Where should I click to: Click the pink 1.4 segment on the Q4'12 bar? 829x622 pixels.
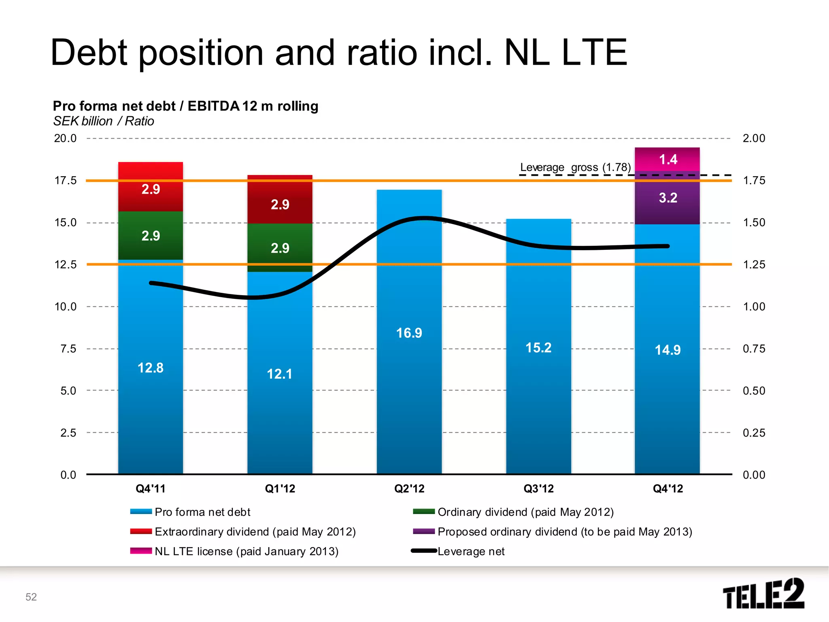coord(667,159)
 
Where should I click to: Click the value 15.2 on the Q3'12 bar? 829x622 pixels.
coord(538,348)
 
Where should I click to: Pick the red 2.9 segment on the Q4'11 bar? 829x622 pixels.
coord(151,188)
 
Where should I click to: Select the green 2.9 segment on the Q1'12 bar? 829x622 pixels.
coord(280,247)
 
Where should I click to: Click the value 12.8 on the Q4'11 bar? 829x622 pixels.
coord(151,368)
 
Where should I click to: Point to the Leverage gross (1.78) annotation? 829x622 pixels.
coord(575,167)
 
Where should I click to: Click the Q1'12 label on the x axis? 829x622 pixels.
coord(280,489)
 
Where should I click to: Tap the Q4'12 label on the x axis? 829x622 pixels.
coord(667,489)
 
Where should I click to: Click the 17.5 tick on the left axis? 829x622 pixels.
coord(66,181)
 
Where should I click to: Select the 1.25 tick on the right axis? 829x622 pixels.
coord(754,265)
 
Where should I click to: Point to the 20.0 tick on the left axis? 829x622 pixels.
coord(66,138)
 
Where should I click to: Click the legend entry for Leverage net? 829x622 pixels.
coord(471,552)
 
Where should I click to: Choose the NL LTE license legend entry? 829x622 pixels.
coord(246,552)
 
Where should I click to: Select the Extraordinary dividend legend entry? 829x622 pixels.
coord(255,532)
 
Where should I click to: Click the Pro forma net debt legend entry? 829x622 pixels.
coord(202,512)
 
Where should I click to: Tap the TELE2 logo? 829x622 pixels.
coord(763,594)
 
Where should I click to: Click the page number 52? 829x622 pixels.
coord(31,597)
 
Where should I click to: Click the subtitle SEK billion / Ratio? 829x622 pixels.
coord(104,121)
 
